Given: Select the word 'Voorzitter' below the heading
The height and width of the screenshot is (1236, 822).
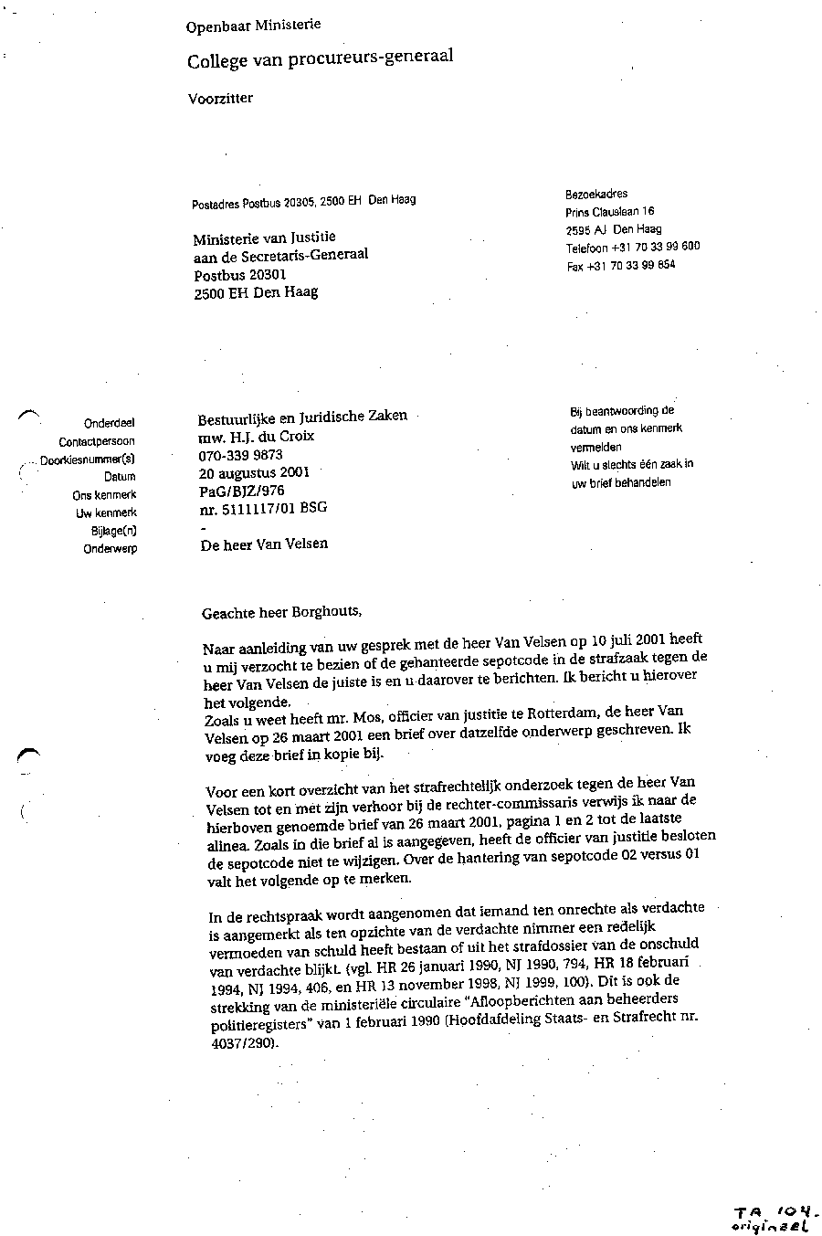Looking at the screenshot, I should click(220, 98).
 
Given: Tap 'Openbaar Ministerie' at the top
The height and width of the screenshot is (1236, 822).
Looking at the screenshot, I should click(253, 26).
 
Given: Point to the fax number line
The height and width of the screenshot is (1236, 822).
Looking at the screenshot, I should click(621, 266).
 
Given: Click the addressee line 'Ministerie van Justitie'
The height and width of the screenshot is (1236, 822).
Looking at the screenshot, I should click(264, 239).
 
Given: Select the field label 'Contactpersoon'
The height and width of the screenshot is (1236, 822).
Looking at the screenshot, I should click(97, 441).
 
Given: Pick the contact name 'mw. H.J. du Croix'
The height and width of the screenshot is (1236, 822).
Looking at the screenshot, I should click(256, 436).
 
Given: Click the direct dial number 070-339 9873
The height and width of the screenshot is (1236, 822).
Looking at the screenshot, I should click(240, 454).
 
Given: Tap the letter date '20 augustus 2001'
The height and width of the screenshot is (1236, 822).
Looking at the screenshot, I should click(254, 472).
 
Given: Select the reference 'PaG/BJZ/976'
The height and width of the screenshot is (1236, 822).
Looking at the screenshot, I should click(241, 491).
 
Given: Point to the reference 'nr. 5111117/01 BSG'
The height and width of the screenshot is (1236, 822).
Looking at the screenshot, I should click(262, 508).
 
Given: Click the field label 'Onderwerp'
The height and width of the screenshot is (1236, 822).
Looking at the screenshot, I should click(110, 549).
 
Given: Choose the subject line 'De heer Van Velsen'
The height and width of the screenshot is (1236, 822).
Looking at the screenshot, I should click(263, 544).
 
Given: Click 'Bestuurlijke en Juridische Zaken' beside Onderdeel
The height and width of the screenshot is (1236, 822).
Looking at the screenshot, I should click(302, 417).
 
